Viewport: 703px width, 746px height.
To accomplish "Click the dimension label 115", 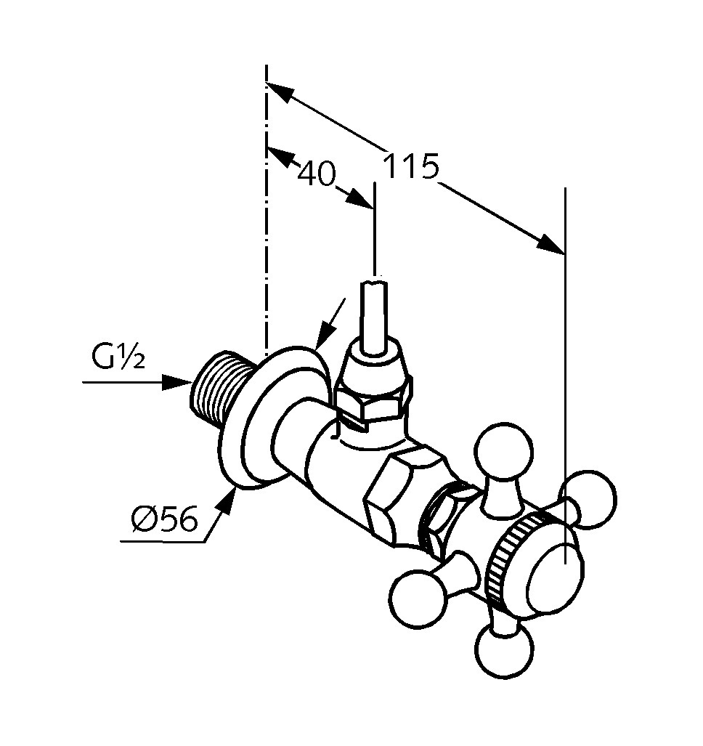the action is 411,166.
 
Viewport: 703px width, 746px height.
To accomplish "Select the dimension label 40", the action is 317,174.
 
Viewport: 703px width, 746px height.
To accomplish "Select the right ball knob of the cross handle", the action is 588,500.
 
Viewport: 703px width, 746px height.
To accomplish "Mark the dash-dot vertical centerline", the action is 267,208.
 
